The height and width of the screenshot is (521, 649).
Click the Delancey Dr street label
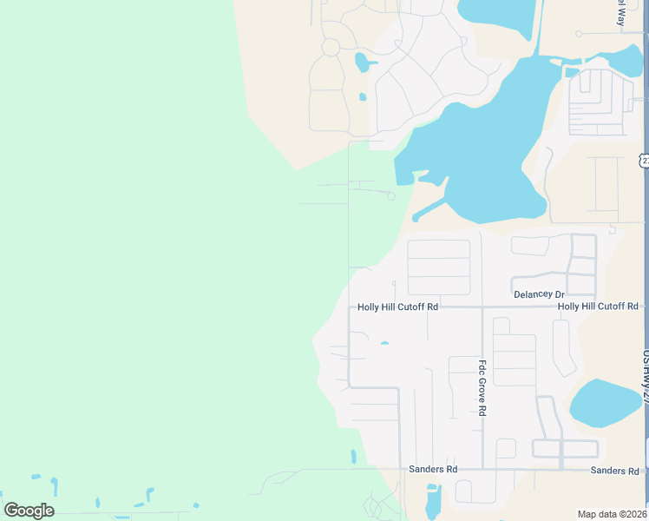[x=539, y=294]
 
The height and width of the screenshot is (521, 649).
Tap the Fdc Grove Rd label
[x=482, y=387]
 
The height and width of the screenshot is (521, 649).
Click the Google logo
[x=29, y=511]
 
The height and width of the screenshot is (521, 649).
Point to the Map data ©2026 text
[x=611, y=514]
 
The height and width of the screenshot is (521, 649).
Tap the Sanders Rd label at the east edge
[x=614, y=470]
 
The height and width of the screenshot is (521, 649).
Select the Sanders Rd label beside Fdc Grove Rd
[x=433, y=469]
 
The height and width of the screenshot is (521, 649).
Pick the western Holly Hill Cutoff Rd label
[x=398, y=307]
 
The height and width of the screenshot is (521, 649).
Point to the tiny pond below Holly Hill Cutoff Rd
[x=383, y=343]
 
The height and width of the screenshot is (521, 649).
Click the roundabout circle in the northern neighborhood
[x=331, y=47]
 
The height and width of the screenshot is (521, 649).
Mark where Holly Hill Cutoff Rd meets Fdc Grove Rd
[x=482, y=307]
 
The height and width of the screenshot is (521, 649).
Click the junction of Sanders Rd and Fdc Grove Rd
[x=482, y=469]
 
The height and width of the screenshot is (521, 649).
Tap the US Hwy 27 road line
[x=646, y=260]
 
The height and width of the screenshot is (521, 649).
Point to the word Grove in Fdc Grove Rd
[x=482, y=388]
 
